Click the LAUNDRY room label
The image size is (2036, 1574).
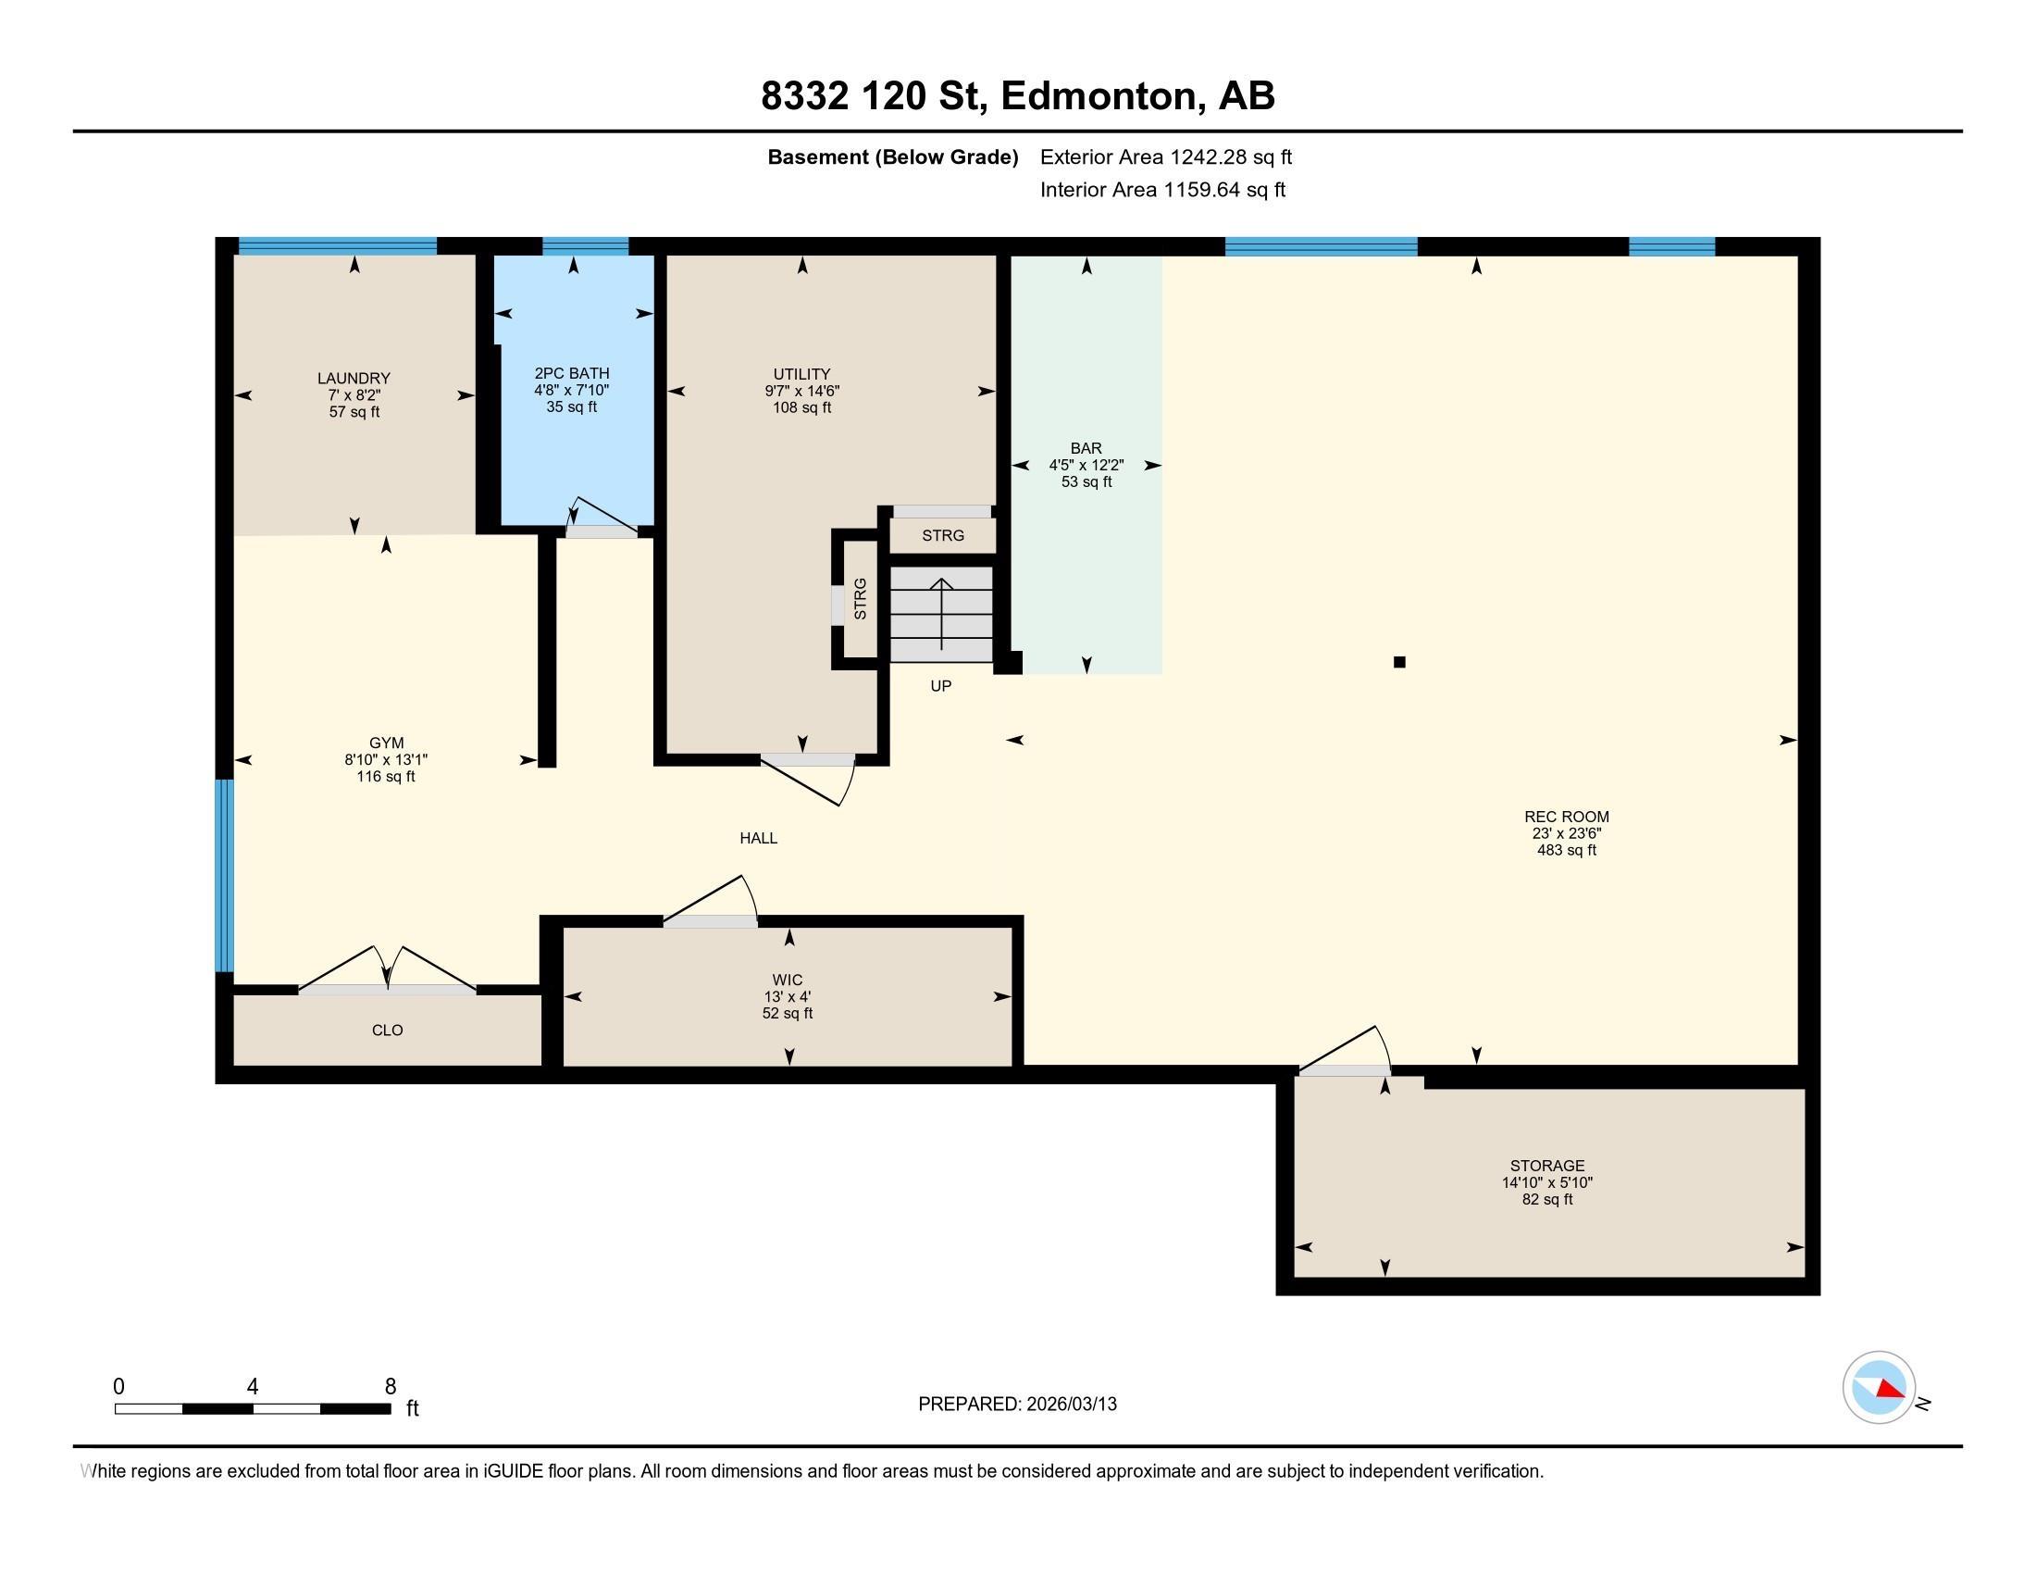(354, 378)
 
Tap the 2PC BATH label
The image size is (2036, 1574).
(571, 373)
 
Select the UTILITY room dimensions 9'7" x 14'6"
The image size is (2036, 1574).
(801, 392)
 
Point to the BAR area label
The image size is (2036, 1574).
(1086, 447)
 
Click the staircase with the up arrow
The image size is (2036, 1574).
(941, 615)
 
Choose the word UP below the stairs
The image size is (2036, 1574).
(940, 686)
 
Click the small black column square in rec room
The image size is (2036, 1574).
(1399, 662)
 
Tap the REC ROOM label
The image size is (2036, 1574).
(1566, 817)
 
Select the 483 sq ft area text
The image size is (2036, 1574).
(1566, 850)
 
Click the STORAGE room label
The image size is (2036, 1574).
(1547, 1166)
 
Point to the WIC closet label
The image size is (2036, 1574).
(788, 980)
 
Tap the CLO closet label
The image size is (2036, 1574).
(387, 1031)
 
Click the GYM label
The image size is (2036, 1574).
(386, 743)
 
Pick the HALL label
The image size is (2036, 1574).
(759, 838)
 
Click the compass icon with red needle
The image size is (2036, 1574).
(1880, 1388)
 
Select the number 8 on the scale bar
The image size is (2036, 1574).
(391, 1387)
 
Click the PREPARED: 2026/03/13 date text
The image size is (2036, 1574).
(1017, 1405)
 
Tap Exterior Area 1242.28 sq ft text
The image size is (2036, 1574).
(1166, 156)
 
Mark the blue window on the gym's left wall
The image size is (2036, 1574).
(224, 876)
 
